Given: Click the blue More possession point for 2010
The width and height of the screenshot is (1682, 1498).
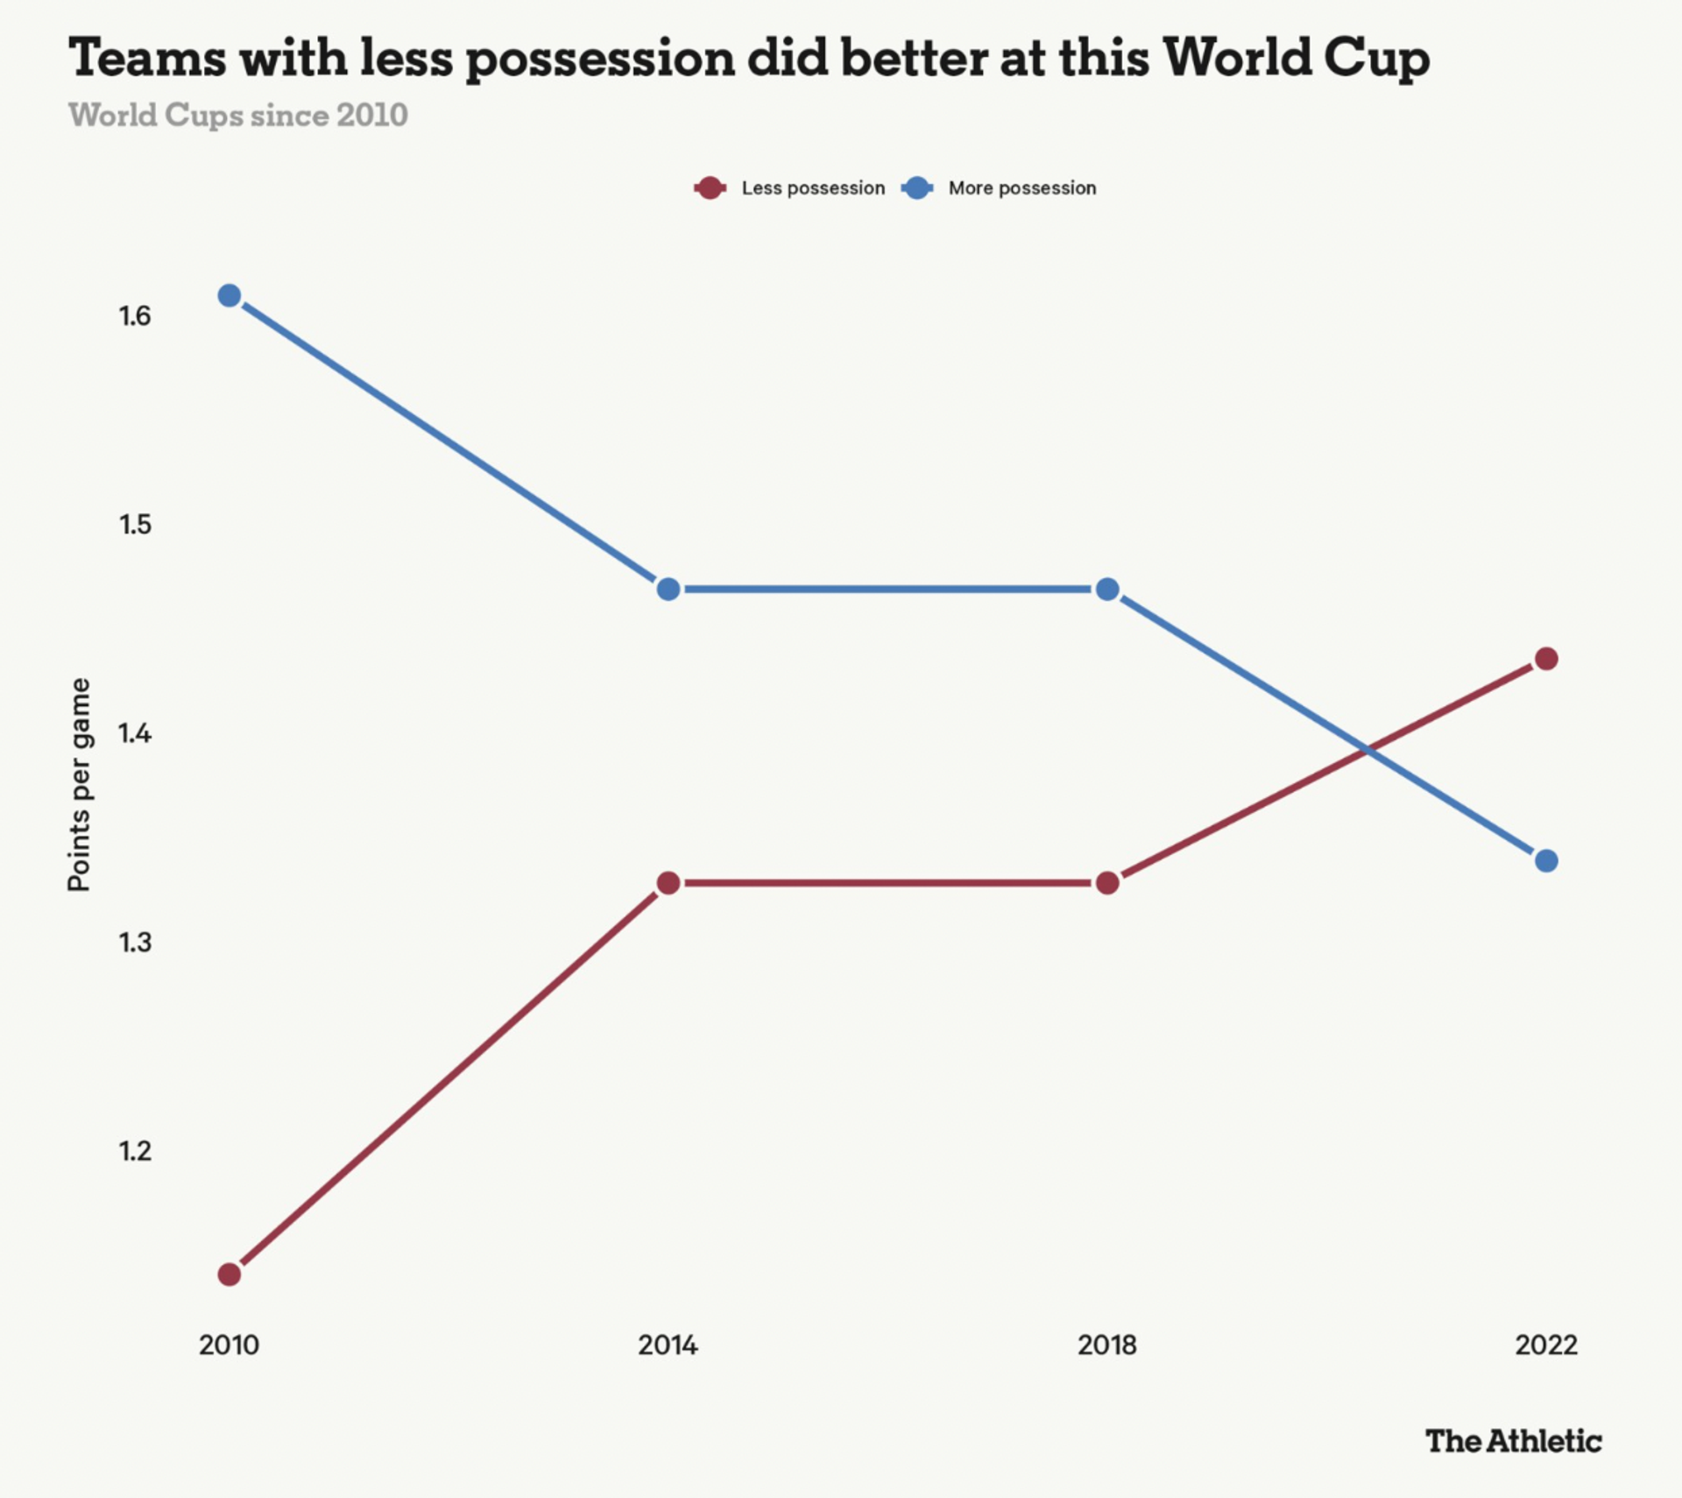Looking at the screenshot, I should [x=230, y=296].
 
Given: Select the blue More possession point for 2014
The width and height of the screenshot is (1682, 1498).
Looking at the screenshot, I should [x=668, y=589].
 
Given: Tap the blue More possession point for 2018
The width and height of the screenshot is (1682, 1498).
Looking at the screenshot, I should [x=1107, y=589].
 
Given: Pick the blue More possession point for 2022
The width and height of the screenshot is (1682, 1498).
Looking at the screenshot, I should [x=1546, y=860].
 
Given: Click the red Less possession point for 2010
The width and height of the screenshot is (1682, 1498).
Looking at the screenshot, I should [x=230, y=1274].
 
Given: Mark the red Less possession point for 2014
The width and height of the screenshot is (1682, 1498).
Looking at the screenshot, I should [x=668, y=882].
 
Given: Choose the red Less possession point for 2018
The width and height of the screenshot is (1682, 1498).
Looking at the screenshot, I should [x=1107, y=882].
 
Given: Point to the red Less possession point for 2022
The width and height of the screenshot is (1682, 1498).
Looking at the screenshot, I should [x=1546, y=659].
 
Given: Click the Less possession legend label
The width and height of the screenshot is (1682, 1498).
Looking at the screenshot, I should [x=812, y=188].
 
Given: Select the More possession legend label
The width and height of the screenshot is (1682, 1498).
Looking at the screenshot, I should [x=1021, y=188].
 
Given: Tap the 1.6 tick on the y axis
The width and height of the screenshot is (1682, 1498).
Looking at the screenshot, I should [x=135, y=316].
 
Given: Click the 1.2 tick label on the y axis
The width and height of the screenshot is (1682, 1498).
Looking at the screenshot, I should [x=135, y=1150].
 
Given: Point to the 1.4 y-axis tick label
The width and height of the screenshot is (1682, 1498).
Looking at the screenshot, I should [x=135, y=733].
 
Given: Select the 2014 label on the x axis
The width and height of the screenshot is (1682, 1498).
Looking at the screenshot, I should [x=668, y=1345].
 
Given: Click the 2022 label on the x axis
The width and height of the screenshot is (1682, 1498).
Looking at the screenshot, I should [x=1546, y=1345].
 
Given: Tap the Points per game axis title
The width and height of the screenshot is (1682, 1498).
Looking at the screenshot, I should [x=79, y=785].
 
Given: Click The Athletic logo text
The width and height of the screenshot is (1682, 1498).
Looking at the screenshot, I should [x=1513, y=1441].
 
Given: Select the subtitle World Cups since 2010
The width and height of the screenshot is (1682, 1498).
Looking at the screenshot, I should [x=238, y=116].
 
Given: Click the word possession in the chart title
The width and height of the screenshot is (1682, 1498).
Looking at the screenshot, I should [x=599, y=60].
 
